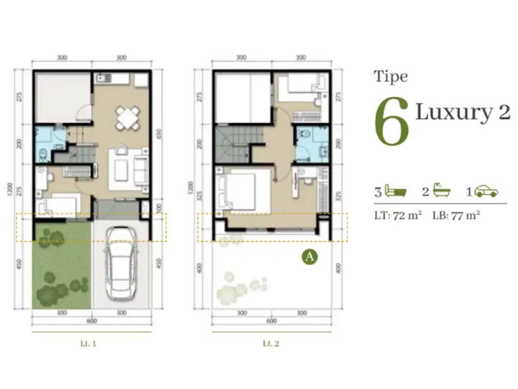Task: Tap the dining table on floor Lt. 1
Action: click(127, 118)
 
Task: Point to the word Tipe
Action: click(391, 77)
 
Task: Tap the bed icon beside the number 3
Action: click(396, 192)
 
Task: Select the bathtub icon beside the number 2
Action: click(442, 191)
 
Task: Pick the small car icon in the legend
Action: click(486, 191)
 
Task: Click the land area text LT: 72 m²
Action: click(397, 214)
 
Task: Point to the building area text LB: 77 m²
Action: click(456, 214)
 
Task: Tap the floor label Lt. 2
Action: click(271, 343)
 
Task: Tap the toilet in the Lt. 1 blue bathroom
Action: click(44, 153)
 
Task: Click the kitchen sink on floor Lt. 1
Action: click(100, 78)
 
